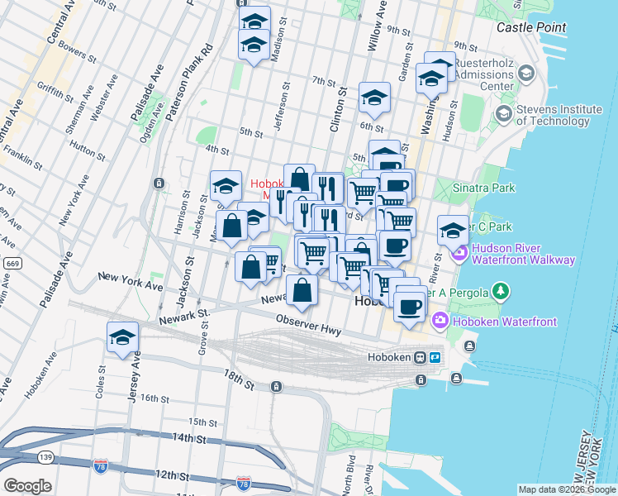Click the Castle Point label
click(x=531, y=27)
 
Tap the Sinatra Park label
click(x=482, y=188)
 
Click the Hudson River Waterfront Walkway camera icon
click(x=461, y=253)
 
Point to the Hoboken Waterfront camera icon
click(x=439, y=321)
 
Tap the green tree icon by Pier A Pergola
click(x=500, y=291)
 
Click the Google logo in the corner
click(x=27, y=485)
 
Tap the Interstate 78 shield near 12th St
click(x=244, y=480)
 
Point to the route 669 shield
click(x=12, y=263)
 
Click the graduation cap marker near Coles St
click(x=122, y=337)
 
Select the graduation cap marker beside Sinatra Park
click(x=453, y=231)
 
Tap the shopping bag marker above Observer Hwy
click(x=303, y=289)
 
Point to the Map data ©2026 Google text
click(x=566, y=489)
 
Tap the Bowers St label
click(x=74, y=53)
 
